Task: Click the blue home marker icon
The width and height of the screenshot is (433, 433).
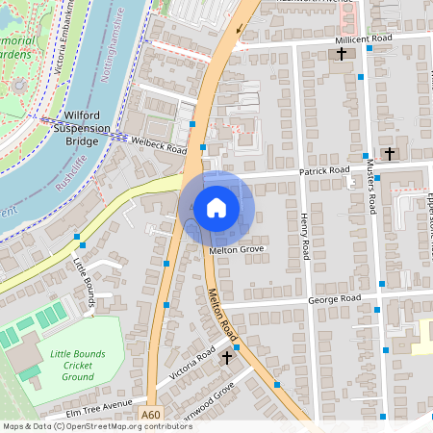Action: tap(216, 207)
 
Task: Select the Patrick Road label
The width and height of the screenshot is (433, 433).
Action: tap(323, 170)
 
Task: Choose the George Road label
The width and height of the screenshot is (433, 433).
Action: tap(334, 299)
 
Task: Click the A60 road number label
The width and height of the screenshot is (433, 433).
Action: tap(150, 415)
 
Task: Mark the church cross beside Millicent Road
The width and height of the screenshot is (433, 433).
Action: tap(342, 55)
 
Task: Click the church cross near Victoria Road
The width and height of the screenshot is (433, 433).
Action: tap(227, 357)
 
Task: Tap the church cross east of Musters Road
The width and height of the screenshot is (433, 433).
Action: tap(390, 153)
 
